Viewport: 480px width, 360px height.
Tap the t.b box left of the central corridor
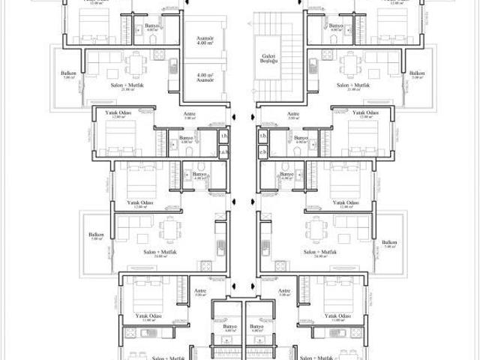point(223,136)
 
